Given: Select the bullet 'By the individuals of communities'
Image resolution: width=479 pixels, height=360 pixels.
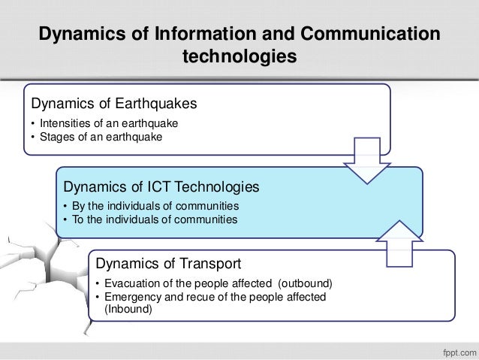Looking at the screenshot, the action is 155,206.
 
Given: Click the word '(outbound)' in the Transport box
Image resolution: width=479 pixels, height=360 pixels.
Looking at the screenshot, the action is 303,285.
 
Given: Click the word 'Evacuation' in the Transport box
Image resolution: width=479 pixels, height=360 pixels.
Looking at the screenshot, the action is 127,285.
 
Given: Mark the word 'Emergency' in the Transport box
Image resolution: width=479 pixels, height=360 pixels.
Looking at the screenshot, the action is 127,298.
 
